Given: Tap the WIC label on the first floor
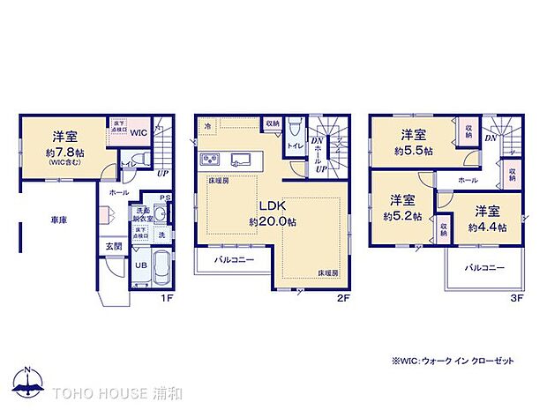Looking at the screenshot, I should [139, 131].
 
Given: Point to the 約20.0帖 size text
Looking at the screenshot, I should [271, 222].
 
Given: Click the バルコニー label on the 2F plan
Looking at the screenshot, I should [232, 261].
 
